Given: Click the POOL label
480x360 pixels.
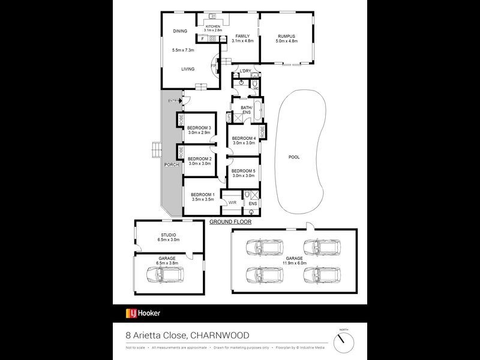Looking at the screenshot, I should point(294,157).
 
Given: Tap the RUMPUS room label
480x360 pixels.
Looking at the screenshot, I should point(286,36).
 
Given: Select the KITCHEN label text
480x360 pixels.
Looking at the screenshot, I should point(213,26).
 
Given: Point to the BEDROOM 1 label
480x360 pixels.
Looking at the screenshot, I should point(202,195).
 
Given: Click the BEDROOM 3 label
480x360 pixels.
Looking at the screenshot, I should point(199,128).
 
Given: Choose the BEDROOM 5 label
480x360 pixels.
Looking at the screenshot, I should point(243,171).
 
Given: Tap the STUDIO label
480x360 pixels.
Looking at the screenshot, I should point(168,235).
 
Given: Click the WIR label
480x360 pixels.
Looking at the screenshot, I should point(232,203).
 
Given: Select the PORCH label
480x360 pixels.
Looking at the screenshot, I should point(171,164).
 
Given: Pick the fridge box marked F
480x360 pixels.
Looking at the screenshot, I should point(203,39).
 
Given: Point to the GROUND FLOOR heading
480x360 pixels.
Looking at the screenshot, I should point(230,222).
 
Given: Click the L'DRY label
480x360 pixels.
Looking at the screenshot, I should point(244,71).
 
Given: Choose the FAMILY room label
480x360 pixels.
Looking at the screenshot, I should point(243,36).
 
